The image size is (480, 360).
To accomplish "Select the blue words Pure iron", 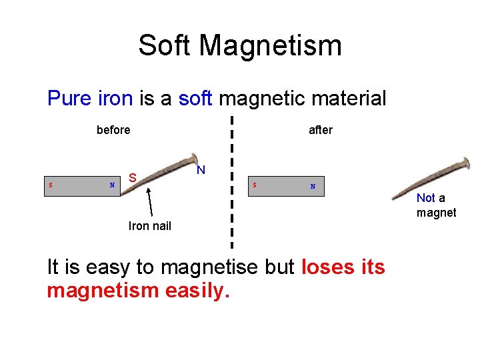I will [x=90, y=99].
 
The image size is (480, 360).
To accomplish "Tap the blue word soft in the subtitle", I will [x=195, y=99].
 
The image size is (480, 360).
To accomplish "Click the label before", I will [x=113, y=130].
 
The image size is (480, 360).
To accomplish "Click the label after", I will [x=320, y=130].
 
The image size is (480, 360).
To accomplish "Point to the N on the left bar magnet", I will [x=112, y=185].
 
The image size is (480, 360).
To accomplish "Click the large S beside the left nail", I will [x=133, y=178].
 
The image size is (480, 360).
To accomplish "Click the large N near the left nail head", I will [x=201, y=171].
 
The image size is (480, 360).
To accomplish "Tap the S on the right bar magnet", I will [x=254, y=185].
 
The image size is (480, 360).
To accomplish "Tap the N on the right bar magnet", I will [x=312, y=187].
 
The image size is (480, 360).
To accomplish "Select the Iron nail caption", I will [x=149, y=226].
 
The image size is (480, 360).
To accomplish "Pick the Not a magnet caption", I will [x=436, y=205].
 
